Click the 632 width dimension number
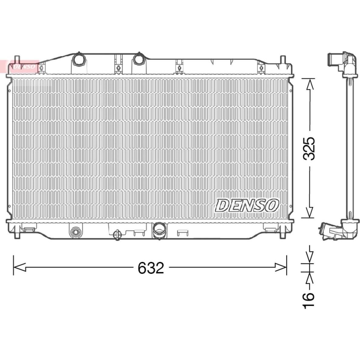click(151, 268)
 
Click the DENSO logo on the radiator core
click(247, 205)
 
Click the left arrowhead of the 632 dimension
click(19, 268)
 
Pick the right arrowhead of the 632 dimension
click(281, 268)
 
